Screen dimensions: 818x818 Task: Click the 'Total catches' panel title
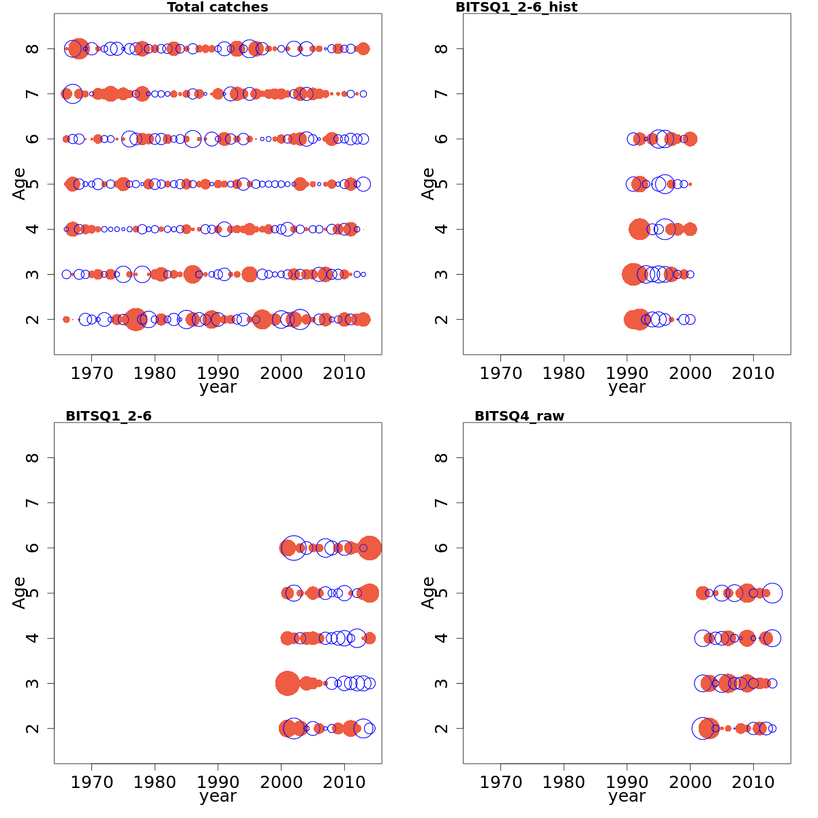[x=217, y=7]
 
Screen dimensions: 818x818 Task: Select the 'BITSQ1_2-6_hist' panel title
[x=516, y=7]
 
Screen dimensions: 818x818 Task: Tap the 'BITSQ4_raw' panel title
[x=519, y=416]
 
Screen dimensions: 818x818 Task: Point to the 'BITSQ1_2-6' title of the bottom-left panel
[x=108, y=416]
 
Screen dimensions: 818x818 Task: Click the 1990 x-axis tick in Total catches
[x=218, y=373]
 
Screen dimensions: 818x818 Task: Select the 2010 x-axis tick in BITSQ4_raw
[x=753, y=782]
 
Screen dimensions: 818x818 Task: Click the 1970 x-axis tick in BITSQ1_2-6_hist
[x=500, y=373]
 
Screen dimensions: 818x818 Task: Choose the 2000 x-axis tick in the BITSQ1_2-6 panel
[x=281, y=782]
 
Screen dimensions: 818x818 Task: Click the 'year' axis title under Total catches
[x=217, y=387]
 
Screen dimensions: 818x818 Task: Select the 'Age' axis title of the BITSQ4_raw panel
[x=428, y=592]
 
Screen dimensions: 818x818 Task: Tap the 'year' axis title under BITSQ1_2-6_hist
[x=626, y=387]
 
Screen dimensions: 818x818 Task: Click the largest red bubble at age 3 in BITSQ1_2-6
[x=287, y=683]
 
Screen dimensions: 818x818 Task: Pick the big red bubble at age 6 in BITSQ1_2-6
[x=369, y=547]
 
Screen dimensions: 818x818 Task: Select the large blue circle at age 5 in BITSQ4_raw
[x=772, y=593]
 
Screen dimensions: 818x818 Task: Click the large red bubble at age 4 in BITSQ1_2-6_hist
[x=639, y=229]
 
